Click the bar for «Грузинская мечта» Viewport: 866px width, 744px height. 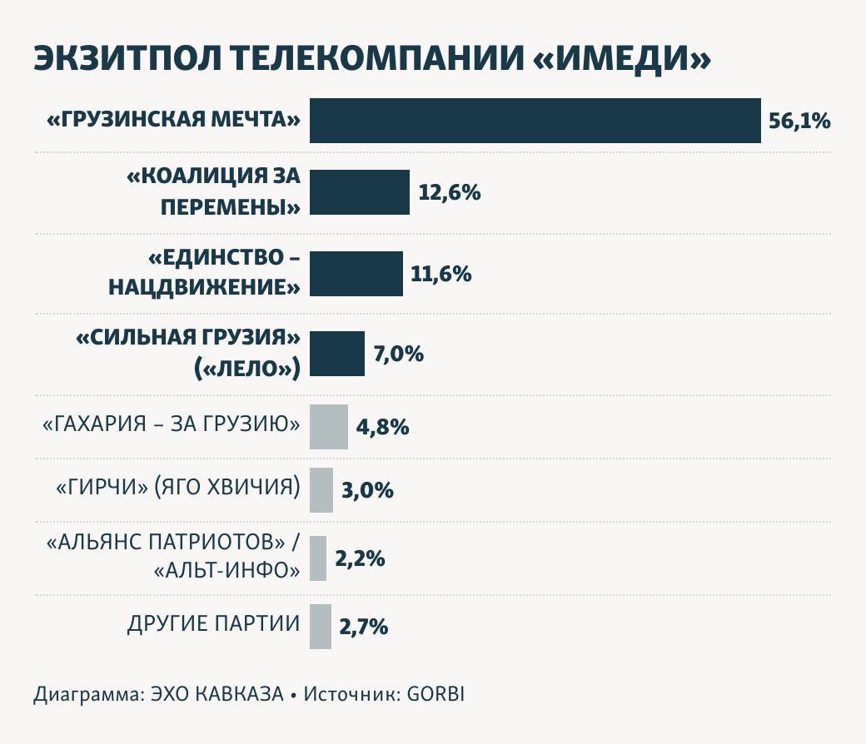pos(535,121)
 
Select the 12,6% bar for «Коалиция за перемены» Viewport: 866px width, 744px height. pos(360,192)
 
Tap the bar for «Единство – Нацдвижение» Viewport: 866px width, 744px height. pos(356,274)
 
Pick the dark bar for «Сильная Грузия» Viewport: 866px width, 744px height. pos(337,354)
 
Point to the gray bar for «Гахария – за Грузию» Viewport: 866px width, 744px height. pos(329,427)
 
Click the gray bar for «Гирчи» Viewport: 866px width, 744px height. pos(321,489)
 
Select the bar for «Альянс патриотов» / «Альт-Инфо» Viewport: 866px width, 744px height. pos(318,558)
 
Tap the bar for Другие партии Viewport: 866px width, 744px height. pos(321,627)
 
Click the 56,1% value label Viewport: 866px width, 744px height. pos(799,122)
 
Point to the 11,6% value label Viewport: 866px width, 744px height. pos(441,274)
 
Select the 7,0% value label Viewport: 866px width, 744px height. pos(399,355)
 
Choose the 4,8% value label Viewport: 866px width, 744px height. pos(382,428)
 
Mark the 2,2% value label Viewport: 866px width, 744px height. pos(360,558)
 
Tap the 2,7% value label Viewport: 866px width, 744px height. pos(364,627)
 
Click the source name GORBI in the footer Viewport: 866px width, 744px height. pos(435,694)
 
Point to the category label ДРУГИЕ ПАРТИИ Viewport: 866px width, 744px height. pos(213,623)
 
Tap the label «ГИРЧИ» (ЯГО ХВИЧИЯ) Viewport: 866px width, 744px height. pos(177,487)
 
